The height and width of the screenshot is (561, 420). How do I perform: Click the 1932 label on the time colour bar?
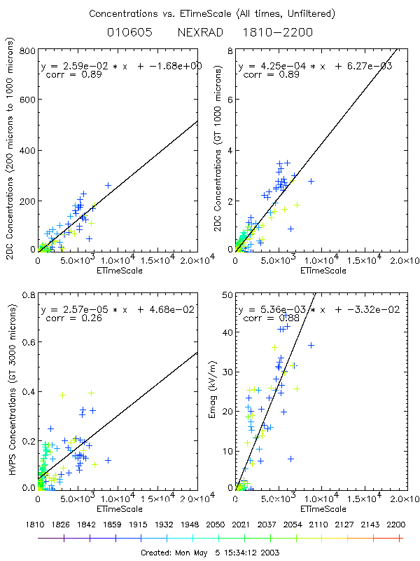pyautogui.click(x=167, y=525)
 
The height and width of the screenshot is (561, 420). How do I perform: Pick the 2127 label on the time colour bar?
pyautogui.click(x=347, y=525)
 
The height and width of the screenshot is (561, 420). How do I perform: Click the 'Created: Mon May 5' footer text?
pyautogui.click(x=210, y=553)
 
